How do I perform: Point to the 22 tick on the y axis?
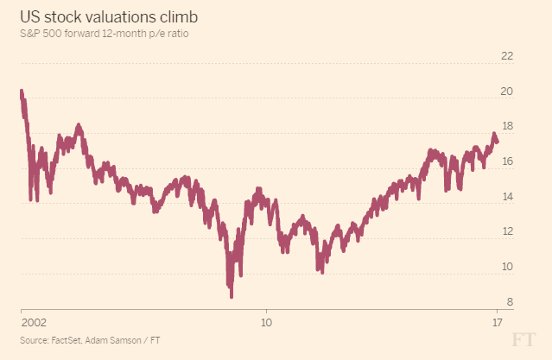click(507, 56)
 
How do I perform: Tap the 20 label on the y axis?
click(507, 92)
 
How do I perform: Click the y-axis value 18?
click(507, 126)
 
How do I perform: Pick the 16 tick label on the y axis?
click(507, 161)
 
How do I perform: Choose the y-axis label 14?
click(507, 197)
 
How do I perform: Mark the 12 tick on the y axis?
click(507, 231)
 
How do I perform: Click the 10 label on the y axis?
click(507, 267)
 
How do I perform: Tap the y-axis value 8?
click(510, 301)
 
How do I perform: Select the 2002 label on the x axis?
click(33, 322)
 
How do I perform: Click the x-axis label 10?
click(267, 322)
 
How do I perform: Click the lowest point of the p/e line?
click(231, 296)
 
